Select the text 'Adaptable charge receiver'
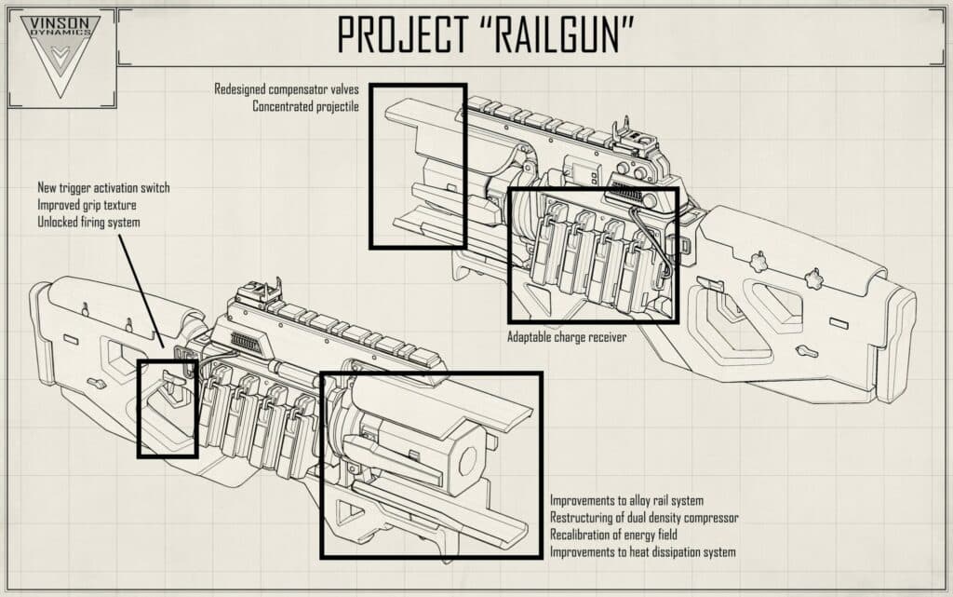pyautogui.click(x=566, y=337)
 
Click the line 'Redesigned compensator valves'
pyautogui.click(x=287, y=89)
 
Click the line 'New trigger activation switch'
pyautogui.click(x=103, y=188)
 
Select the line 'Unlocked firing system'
pyautogui.click(x=89, y=222)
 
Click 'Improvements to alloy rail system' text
pyautogui.click(x=626, y=501)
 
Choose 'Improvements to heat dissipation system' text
pyautogui.click(x=642, y=552)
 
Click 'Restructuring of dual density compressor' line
pyautogui.click(x=644, y=518)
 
